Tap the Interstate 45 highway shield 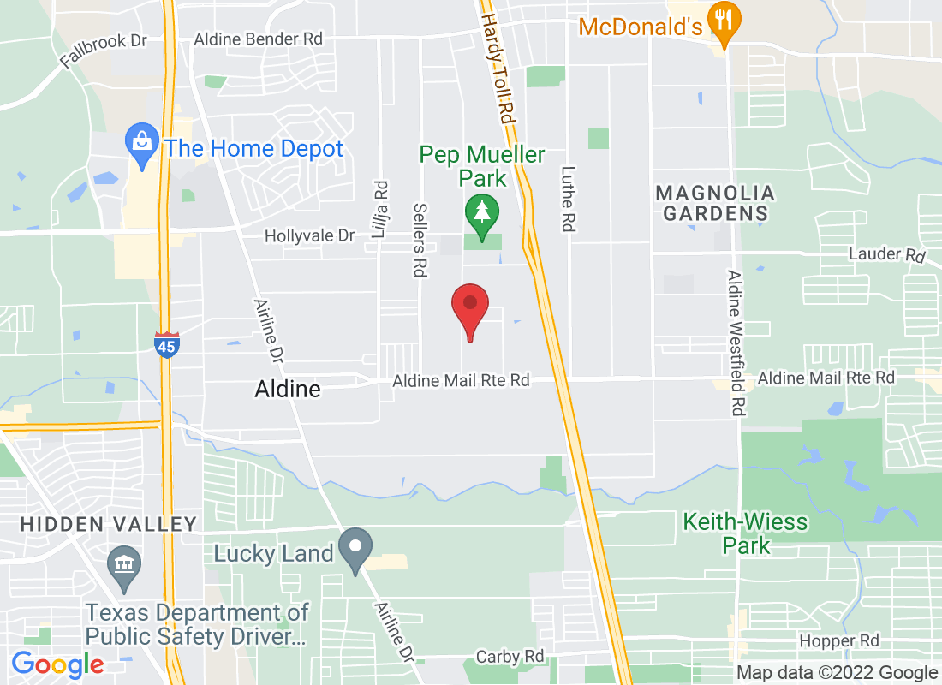point(167,344)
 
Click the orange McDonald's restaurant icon point(725,26)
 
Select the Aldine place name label point(288,390)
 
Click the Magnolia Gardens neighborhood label point(715,203)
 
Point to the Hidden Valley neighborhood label point(109,523)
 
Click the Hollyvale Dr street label point(309,235)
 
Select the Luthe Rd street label point(567,199)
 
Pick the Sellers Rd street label point(420,240)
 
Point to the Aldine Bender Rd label point(258,39)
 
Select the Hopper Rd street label point(838,640)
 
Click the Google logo point(57,664)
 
